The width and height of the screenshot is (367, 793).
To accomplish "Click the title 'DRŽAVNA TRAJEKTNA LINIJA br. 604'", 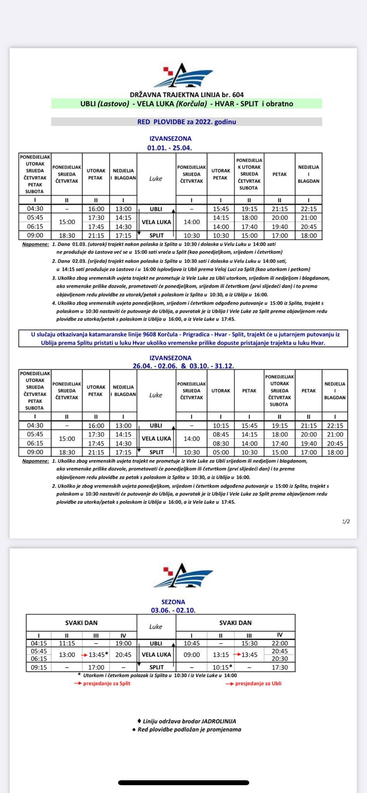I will pyautogui.click(x=187, y=94).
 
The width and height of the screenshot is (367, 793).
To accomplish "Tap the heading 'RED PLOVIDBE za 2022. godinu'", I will pyautogui.click(x=187, y=122).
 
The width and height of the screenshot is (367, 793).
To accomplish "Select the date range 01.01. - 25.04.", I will pyautogui.click(x=170, y=148).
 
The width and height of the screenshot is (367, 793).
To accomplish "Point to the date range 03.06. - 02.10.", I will pyautogui.click(x=173, y=610).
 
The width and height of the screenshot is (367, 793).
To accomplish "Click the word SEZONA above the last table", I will pyautogui.click(x=173, y=602).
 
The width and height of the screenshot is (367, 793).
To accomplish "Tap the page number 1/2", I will pyautogui.click(x=346, y=521).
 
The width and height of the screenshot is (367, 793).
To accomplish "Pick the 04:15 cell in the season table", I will pyautogui.click(x=39, y=643).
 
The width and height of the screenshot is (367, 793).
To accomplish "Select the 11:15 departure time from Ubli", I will pyautogui.click(x=67, y=643).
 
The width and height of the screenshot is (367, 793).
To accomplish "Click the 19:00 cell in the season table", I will pyautogui.click(x=123, y=643).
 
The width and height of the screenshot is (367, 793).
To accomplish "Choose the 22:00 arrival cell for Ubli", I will pyautogui.click(x=280, y=643).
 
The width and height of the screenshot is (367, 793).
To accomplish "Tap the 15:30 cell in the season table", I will pyautogui.click(x=249, y=643).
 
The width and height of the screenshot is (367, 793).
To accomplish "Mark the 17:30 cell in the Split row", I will pyautogui.click(x=280, y=667).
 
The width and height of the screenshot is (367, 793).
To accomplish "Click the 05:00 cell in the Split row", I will pyautogui.click(x=220, y=452).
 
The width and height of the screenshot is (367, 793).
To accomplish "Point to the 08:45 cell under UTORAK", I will pyautogui.click(x=220, y=434).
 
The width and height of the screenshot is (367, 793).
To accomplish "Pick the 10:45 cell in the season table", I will pyautogui.click(x=191, y=643).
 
